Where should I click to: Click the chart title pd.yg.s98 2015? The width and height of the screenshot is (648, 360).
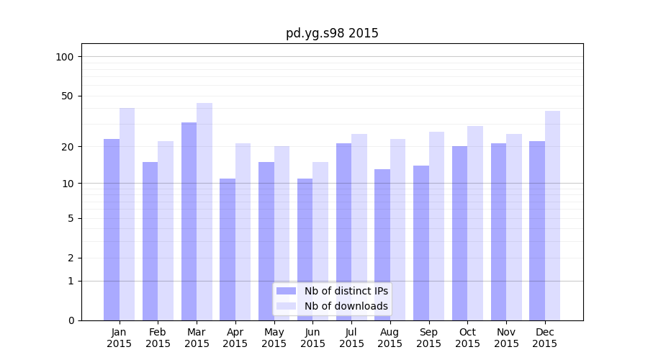point(332,33)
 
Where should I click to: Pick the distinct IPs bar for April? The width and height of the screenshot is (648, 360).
point(228,249)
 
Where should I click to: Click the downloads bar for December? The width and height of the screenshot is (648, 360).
point(552,215)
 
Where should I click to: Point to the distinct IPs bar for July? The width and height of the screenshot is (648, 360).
point(343,231)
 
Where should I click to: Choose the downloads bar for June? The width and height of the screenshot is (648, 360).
point(320,240)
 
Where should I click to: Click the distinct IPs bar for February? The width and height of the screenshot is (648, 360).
point(150,240)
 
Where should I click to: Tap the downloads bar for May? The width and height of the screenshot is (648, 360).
point(282,233)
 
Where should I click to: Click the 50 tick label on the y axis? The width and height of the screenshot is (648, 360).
point(68,96)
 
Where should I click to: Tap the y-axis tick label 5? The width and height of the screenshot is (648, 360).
point(71,218)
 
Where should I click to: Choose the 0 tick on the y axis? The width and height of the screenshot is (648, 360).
point(71,320)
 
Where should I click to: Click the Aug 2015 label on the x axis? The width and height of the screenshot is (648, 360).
point(390,338)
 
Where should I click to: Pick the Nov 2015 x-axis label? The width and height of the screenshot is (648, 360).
point(506,338)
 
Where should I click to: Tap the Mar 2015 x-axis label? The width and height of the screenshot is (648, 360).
point(197,338)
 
